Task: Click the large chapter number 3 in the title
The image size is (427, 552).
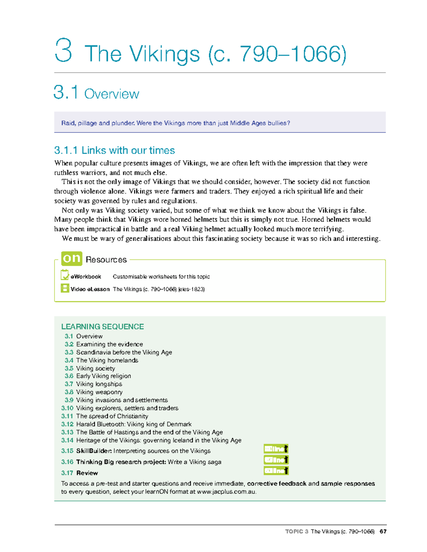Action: point(64,51)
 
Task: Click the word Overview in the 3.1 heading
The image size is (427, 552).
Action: point(111,94)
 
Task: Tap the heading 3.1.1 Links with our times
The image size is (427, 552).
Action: point(114,150)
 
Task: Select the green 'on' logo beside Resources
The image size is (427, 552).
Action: point(72,258)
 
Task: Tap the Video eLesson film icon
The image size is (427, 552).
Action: point(65,288)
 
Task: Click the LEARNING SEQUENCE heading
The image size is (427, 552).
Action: point(102,327)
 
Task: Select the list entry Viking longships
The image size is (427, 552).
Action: point(99,384)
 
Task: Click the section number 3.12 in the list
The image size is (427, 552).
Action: point(67,424)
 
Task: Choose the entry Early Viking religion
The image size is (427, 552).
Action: point(103,376)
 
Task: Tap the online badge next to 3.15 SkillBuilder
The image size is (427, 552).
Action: point(276,449)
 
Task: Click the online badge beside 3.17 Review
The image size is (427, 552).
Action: point(276,471)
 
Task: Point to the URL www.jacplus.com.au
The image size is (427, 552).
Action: point(226,492)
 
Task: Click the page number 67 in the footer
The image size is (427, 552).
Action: point(383,531)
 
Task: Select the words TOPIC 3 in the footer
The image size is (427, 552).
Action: point(296,531)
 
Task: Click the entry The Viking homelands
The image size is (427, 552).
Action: point(107,360)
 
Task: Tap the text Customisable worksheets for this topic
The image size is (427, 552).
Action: point(161,277)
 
